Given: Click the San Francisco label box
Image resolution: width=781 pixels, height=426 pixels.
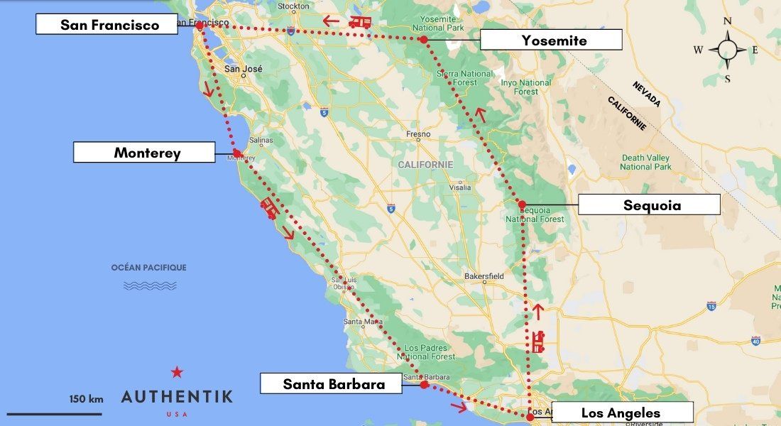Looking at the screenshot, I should pos(107,25).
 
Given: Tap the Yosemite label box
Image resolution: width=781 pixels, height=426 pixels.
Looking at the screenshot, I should pos(551,40).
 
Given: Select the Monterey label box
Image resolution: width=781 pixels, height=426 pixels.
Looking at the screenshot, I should pos(144,152).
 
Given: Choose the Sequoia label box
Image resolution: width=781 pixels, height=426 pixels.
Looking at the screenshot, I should pos(649,204).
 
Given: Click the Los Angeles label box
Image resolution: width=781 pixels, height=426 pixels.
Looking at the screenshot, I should pos(622,413).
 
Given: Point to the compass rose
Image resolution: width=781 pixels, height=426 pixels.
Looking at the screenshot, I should pos(727,50).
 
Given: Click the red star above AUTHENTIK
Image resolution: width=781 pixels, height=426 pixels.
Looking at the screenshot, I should pos(177,372).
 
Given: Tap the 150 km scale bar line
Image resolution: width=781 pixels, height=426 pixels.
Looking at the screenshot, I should pos(55,413).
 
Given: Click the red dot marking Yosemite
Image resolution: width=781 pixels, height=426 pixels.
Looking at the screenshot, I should pos(423,40).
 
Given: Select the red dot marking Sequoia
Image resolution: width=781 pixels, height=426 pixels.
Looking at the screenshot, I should pos(522,204).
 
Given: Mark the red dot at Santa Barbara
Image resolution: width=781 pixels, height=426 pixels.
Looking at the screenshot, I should pos(424,384).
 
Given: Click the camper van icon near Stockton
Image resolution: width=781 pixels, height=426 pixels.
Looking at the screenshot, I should pos(360,22).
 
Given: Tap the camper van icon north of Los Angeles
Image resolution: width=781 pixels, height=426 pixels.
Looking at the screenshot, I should pos(537,342).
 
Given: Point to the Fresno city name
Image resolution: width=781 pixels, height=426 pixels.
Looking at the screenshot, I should pos(418,134).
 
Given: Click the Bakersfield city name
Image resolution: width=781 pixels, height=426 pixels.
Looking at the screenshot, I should pos(484,275).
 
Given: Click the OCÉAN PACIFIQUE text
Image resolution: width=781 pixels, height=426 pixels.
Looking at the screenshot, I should pos(149,268).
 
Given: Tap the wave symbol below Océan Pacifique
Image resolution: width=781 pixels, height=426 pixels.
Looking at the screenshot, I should pos(150,285).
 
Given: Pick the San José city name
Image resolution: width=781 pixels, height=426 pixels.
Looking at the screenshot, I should pos(243,69).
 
